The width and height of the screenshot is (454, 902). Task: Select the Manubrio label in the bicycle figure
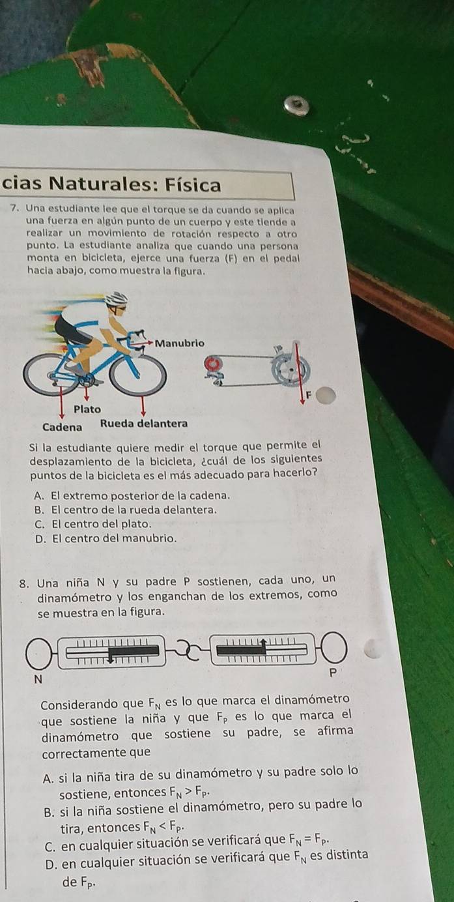[181, 342]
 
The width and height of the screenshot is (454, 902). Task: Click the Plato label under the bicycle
[87, 409]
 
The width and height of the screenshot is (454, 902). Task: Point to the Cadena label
[63, 426]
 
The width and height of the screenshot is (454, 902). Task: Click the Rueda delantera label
[144, 424]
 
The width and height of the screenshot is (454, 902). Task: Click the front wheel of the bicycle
[137, 374]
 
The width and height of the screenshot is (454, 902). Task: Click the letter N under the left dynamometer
[38, 680]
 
